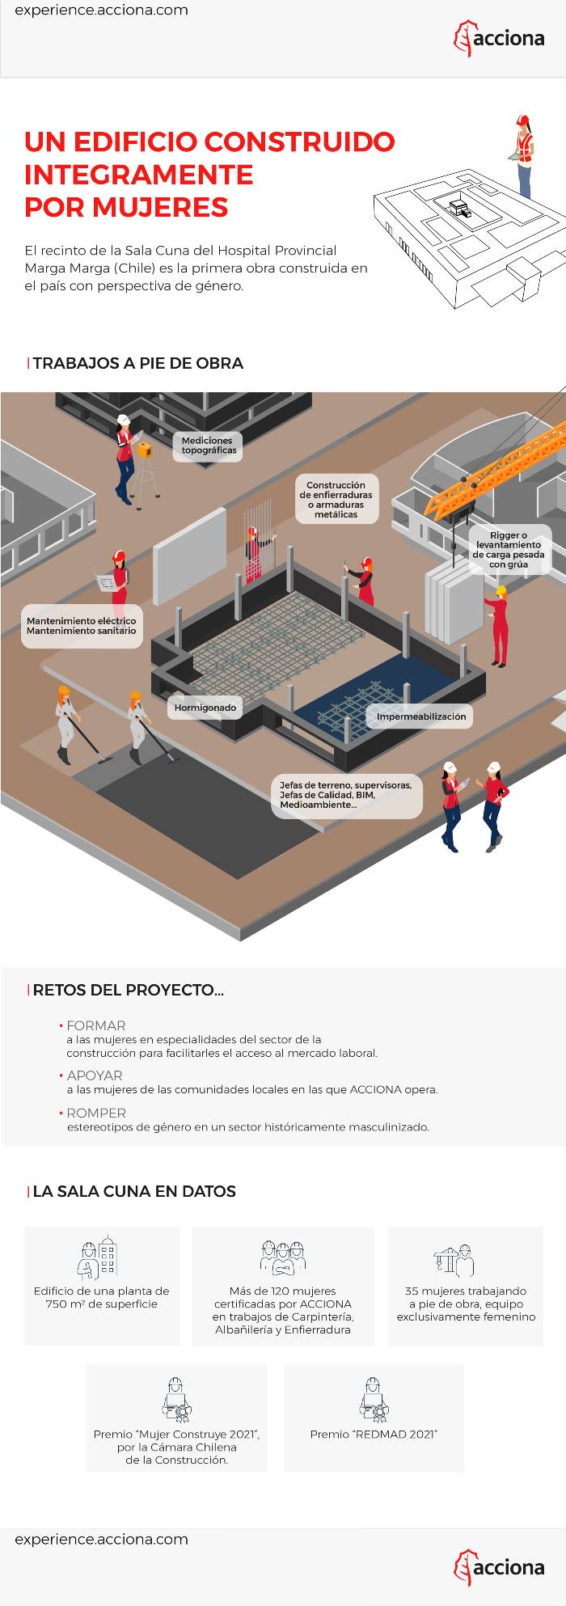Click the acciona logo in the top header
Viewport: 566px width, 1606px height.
(x=499, y=38)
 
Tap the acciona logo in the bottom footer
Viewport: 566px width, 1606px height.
(x=499, y=1567)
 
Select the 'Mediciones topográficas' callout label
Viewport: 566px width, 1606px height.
(x=208, y=446)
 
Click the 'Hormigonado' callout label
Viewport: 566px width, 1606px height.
(x=205, y=708)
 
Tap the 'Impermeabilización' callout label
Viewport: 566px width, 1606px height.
(x=421, y=716)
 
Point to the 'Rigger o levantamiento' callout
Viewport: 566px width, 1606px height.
(x=509, y=550)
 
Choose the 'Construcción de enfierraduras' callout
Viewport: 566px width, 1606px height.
(x=336, y=500)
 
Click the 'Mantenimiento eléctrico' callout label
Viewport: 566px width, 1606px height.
(x=82, y=626)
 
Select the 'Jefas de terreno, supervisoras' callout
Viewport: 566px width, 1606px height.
(x=346, y=795)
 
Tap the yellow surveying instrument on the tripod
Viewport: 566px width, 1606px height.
(x=145, y=450)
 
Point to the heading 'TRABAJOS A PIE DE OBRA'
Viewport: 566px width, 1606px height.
(x=138, y=363)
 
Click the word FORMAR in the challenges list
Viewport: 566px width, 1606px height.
(x=95, y=1025)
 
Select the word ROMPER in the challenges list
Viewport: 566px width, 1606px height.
(x=95, y=1113)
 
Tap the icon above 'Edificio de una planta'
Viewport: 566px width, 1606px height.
(x=99, y=1257)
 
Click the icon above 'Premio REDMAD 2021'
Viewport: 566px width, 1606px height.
(x=374, y=1400)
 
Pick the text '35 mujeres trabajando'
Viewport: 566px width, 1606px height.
(x=466, y=1291)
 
